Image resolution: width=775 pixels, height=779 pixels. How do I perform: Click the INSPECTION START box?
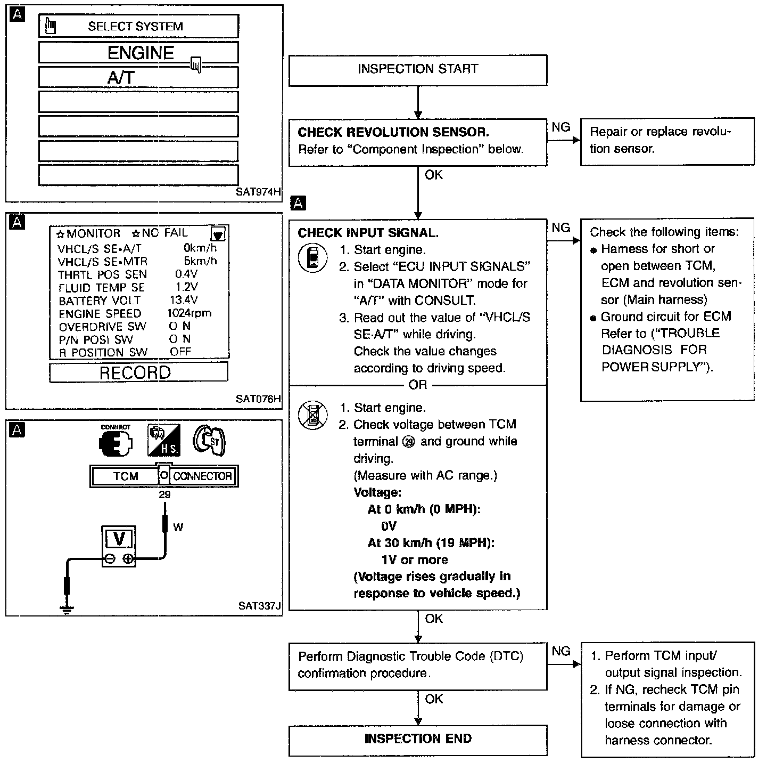(417, 69)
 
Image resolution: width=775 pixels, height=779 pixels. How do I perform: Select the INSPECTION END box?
(417, 739)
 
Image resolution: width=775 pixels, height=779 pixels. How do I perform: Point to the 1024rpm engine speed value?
(189, 313)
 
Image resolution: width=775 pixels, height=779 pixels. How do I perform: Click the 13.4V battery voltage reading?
(184, 300)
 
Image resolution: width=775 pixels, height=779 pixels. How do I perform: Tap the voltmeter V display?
(119, 539)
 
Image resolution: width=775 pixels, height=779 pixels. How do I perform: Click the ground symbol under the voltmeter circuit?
(67, 608)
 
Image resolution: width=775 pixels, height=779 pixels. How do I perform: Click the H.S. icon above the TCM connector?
(163, 441)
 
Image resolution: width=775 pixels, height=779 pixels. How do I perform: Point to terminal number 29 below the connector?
(164, 494)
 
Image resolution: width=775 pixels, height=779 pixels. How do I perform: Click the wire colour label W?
(178, 528)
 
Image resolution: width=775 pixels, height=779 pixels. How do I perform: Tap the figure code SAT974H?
(258, 192)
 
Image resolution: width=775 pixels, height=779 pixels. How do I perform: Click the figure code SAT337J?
(259, 606)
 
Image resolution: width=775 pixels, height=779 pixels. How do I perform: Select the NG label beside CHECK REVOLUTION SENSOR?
(561, 127)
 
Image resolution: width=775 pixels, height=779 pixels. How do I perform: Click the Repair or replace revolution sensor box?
(667, 141)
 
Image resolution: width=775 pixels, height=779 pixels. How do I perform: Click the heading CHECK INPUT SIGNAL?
(368, 233)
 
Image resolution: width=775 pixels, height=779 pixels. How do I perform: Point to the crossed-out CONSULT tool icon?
(312, 415)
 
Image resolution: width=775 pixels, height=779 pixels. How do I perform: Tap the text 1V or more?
(414, 560)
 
